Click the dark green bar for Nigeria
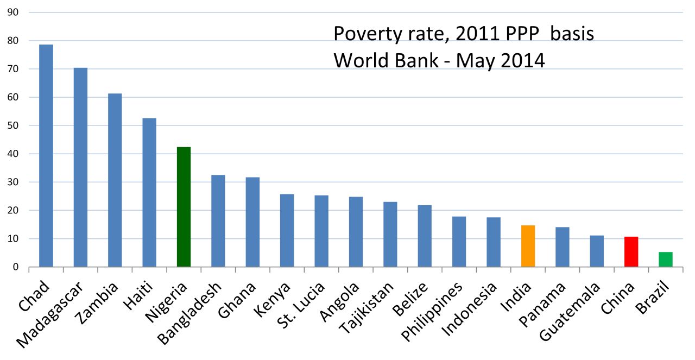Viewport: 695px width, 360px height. pyautogui.click(x=184, y=207)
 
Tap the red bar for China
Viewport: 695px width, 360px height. pyautogui.click(x=631, y=252)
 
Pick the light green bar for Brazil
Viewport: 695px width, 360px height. pyautogui.click(x=665, y=260)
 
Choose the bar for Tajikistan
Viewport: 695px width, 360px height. pyautogui.click(x=390, y=234)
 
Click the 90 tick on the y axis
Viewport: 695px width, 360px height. pyautogui.click(x=12, y=12)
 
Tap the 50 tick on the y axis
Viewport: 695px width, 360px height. pyautogui.click(x=12, y=125)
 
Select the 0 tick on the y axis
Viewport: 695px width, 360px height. pyautogui.click(x=15, y=267)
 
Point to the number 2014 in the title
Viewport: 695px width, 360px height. pyautogui.click(x=521, y=60)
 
